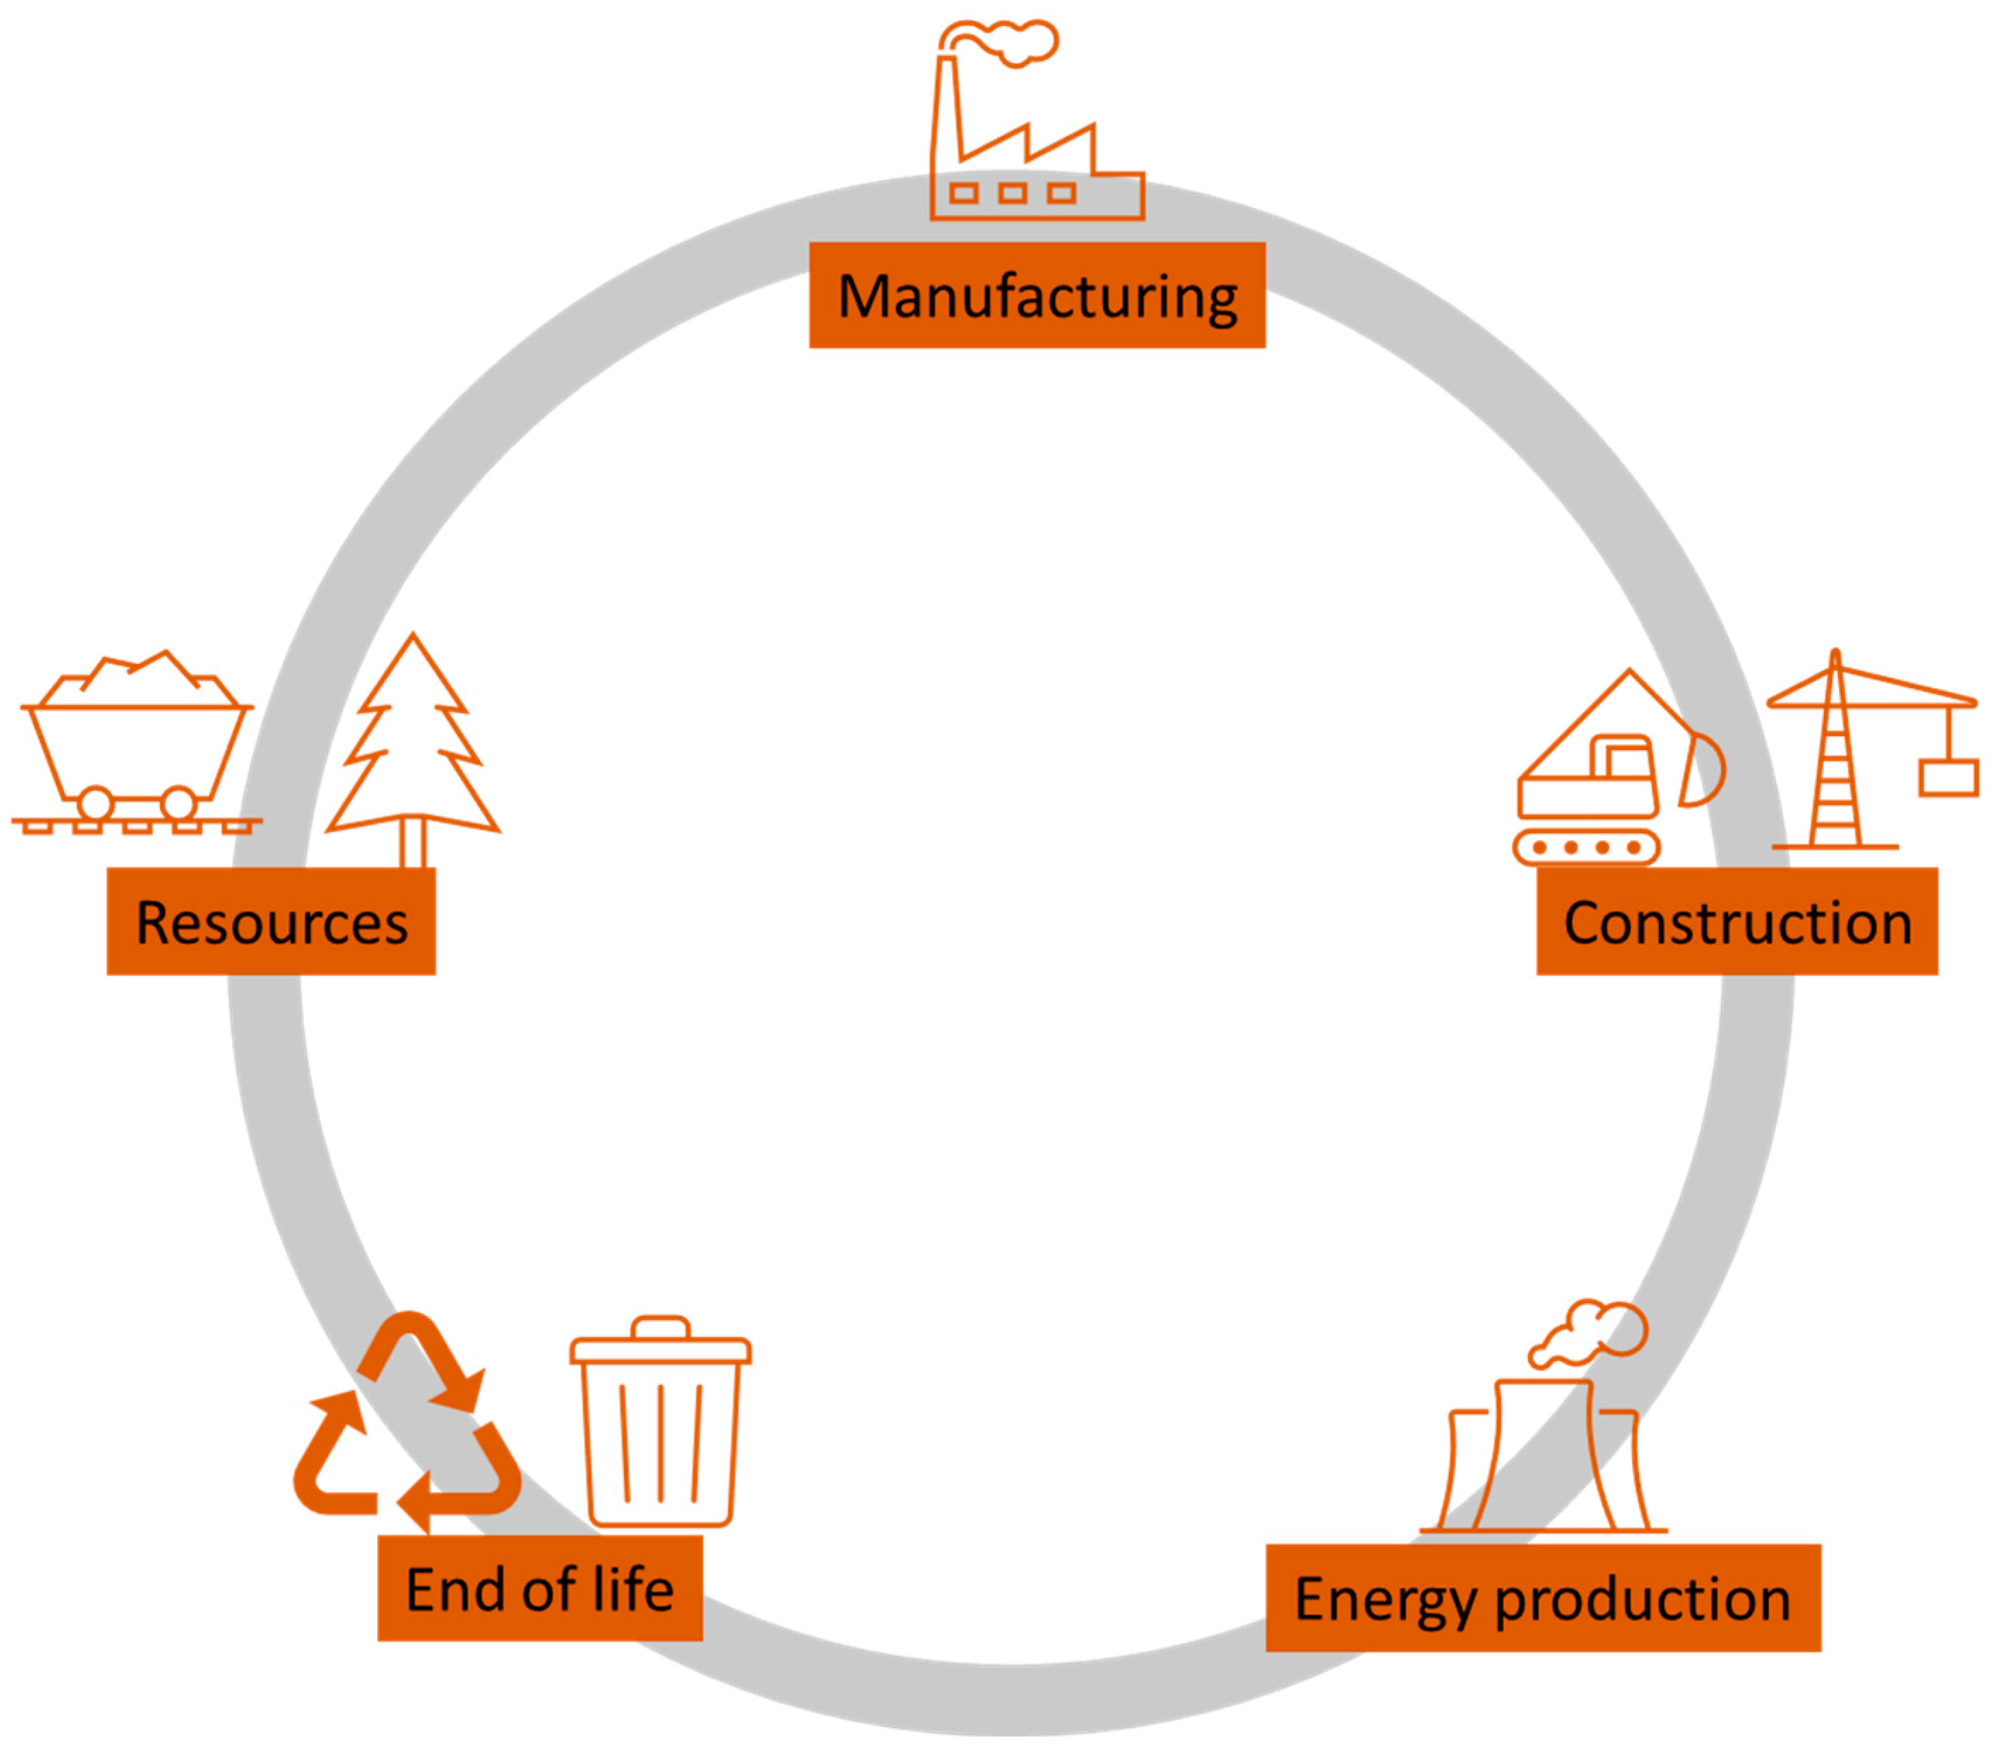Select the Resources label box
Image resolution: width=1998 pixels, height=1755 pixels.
[x=271, y=921]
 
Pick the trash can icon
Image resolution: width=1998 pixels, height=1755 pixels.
[x=661, y=1427]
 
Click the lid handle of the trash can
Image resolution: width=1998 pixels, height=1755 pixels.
[x=661, y=1326]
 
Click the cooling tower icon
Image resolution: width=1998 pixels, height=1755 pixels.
[x=1544, y=1457]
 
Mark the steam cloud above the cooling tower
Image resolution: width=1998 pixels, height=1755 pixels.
[x=1593, y=1330]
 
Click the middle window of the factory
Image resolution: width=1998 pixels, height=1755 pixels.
[x=1013, y=192]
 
